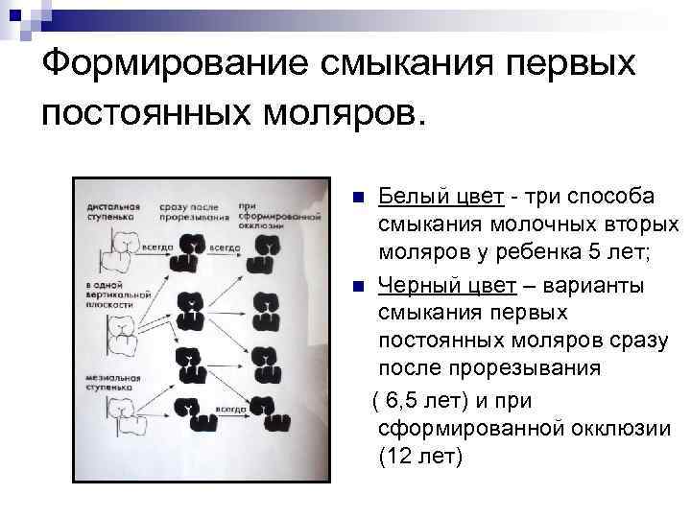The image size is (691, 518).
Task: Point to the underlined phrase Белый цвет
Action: click(x=441, y=197)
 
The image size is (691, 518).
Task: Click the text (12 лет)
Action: click(x=420, y=456)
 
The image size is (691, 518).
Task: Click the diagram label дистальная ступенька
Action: click(x=114, y=210)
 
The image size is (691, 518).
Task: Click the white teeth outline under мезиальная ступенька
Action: click(x=124, y=415)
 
